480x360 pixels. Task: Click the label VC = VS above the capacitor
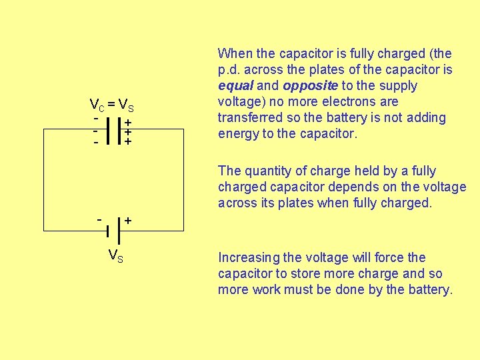[111, 105]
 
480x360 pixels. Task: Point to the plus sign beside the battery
[128, 220]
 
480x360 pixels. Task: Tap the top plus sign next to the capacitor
[127, 123]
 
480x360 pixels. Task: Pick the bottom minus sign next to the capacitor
[97, 142]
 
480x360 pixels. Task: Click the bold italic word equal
[234, 86]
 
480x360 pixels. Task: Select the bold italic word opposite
[311, 86]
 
